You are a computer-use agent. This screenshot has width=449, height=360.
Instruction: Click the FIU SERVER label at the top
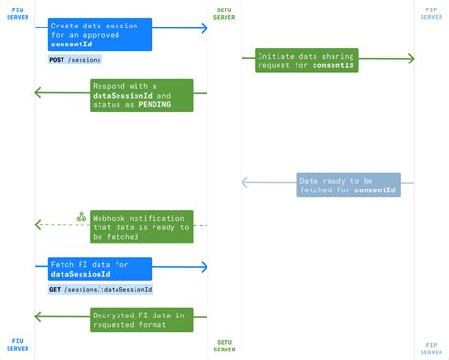click(17, 12)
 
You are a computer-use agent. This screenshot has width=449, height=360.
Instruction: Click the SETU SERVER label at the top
click(224, 12)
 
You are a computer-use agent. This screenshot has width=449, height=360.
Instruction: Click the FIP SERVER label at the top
click(431, 12)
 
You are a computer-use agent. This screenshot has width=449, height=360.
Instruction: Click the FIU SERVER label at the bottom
click(17, 345)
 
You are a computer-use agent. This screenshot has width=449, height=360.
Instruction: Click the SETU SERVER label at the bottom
click(224, 345)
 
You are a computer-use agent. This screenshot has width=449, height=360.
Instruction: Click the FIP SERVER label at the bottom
click(431, 345)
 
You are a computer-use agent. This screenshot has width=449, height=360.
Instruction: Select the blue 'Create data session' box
click(99, 34)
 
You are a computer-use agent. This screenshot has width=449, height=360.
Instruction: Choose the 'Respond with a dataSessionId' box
click(141, 96)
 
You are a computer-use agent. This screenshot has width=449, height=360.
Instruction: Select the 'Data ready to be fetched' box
click(348, 185)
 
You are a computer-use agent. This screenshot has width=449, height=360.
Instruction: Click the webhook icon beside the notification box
click(81, 217)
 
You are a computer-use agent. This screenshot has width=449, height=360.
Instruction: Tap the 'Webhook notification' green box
click(141, 226)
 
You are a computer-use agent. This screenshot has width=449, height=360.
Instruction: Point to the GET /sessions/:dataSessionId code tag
click(100, 289)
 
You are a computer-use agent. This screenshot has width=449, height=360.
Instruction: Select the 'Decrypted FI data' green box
click(141, 319)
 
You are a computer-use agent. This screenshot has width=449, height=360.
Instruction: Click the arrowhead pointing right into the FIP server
click(410, 59)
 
